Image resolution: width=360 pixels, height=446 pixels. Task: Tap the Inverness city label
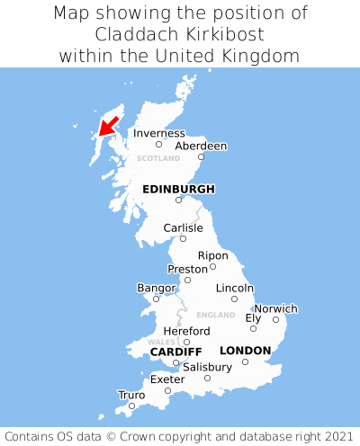pyautogui.click(x=159, y=133)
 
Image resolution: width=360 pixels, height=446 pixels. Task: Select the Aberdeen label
pyautogui.click(x=201, y=146)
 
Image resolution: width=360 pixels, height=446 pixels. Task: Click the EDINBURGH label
pyautogui.click(x=178, y=189)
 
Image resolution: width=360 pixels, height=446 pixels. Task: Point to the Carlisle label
pyautogui.click(x=183, y=228)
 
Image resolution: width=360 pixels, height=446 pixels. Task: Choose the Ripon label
pyautogui.click(x=213, y=255)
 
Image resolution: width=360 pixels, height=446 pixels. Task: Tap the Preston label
pyautogui.click(x=188, y=269)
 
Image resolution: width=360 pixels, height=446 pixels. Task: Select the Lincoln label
pyautogui.click(x=235, y=288)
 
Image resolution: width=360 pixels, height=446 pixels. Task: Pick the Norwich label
pyautogui.click(x=275, y=308)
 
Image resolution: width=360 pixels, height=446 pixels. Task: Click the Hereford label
pyautogui.click(x=187, y=331)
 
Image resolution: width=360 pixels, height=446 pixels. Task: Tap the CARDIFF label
pyautogui.click(x=175, y=351)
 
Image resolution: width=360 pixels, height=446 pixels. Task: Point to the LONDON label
pyautogui.click(x=245, y=350)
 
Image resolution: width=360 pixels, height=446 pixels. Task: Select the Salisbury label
pyautogui.click(x=207, y=367)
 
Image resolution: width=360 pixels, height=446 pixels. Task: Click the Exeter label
pyautogui.click(x=167, y=379)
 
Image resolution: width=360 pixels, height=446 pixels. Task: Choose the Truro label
pyautogui.click(x=131, y=395)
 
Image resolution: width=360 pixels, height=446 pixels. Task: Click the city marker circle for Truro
pyautogui.click(x=131, y=406)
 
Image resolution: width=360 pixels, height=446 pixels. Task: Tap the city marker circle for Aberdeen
pyautogui.click(x=201, y=156)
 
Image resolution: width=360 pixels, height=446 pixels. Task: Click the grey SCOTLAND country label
pyautogui.click(x=158, y=158)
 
